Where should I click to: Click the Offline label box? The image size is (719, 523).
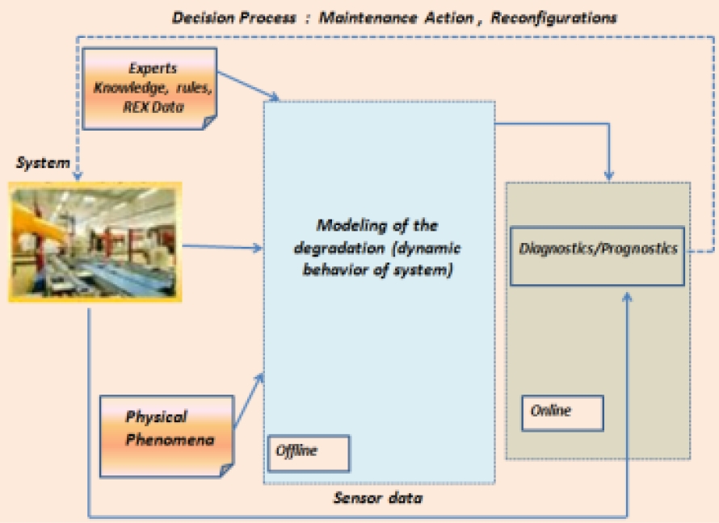point(308,453)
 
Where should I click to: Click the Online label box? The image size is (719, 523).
point(562,412)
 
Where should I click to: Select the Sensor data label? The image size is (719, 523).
point(378,498)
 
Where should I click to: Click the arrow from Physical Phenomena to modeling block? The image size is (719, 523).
point(249,402)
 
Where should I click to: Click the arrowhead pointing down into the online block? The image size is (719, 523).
point(610,175)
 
